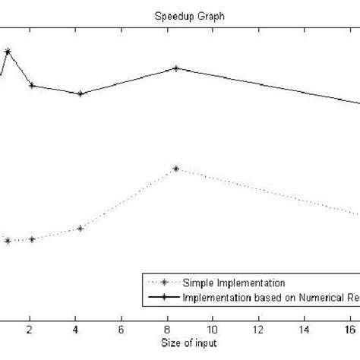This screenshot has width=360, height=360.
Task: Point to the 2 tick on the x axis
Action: (30, 330)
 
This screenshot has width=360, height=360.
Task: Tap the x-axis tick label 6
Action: (122, 330)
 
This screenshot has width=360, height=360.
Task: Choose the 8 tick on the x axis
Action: (167, 330)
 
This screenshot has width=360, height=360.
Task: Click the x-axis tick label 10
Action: (213, 330)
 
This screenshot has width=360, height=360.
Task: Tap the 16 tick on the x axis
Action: (350, 330)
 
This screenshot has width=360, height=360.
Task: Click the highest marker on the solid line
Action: (8, 52)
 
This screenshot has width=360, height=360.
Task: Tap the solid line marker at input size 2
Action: (32, 85)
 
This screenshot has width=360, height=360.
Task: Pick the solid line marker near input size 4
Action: (80, 94)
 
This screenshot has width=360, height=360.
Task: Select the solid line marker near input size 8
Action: (176, 68)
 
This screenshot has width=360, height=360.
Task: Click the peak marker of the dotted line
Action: (176, 169)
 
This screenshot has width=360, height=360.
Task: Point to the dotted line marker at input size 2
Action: (32, 239)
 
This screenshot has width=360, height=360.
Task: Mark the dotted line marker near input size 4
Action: (80, 229)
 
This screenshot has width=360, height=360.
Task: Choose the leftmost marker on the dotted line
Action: (8, 242)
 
